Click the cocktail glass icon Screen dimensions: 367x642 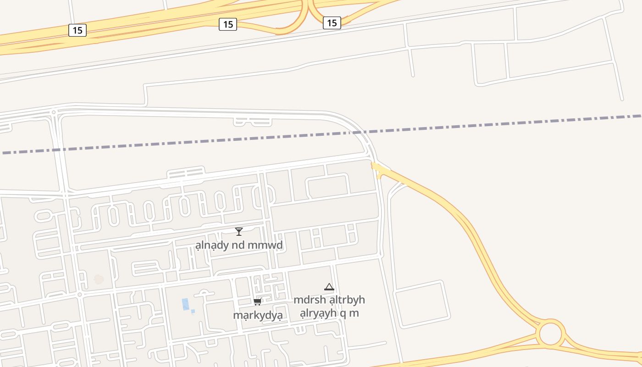[x=238, y=232]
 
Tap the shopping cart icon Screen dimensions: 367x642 [x=257, y=301]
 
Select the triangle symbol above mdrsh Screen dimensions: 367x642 [x=329, y=287]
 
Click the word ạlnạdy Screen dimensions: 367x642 [x=212, y=245]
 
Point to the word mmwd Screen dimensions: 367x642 [x=265, y=245]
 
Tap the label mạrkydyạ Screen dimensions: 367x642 [x=257, y=316]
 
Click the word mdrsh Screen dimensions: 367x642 [x=310, y=300]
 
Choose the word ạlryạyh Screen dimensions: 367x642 [x=317, y=313]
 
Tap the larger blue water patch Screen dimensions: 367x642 [x=185, y=304]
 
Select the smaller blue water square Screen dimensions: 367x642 [x=193, y=311]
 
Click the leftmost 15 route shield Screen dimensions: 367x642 [x=77, y=30]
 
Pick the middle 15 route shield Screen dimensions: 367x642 [x=227, y=24]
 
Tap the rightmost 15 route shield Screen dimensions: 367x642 [x=332, y=22]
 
